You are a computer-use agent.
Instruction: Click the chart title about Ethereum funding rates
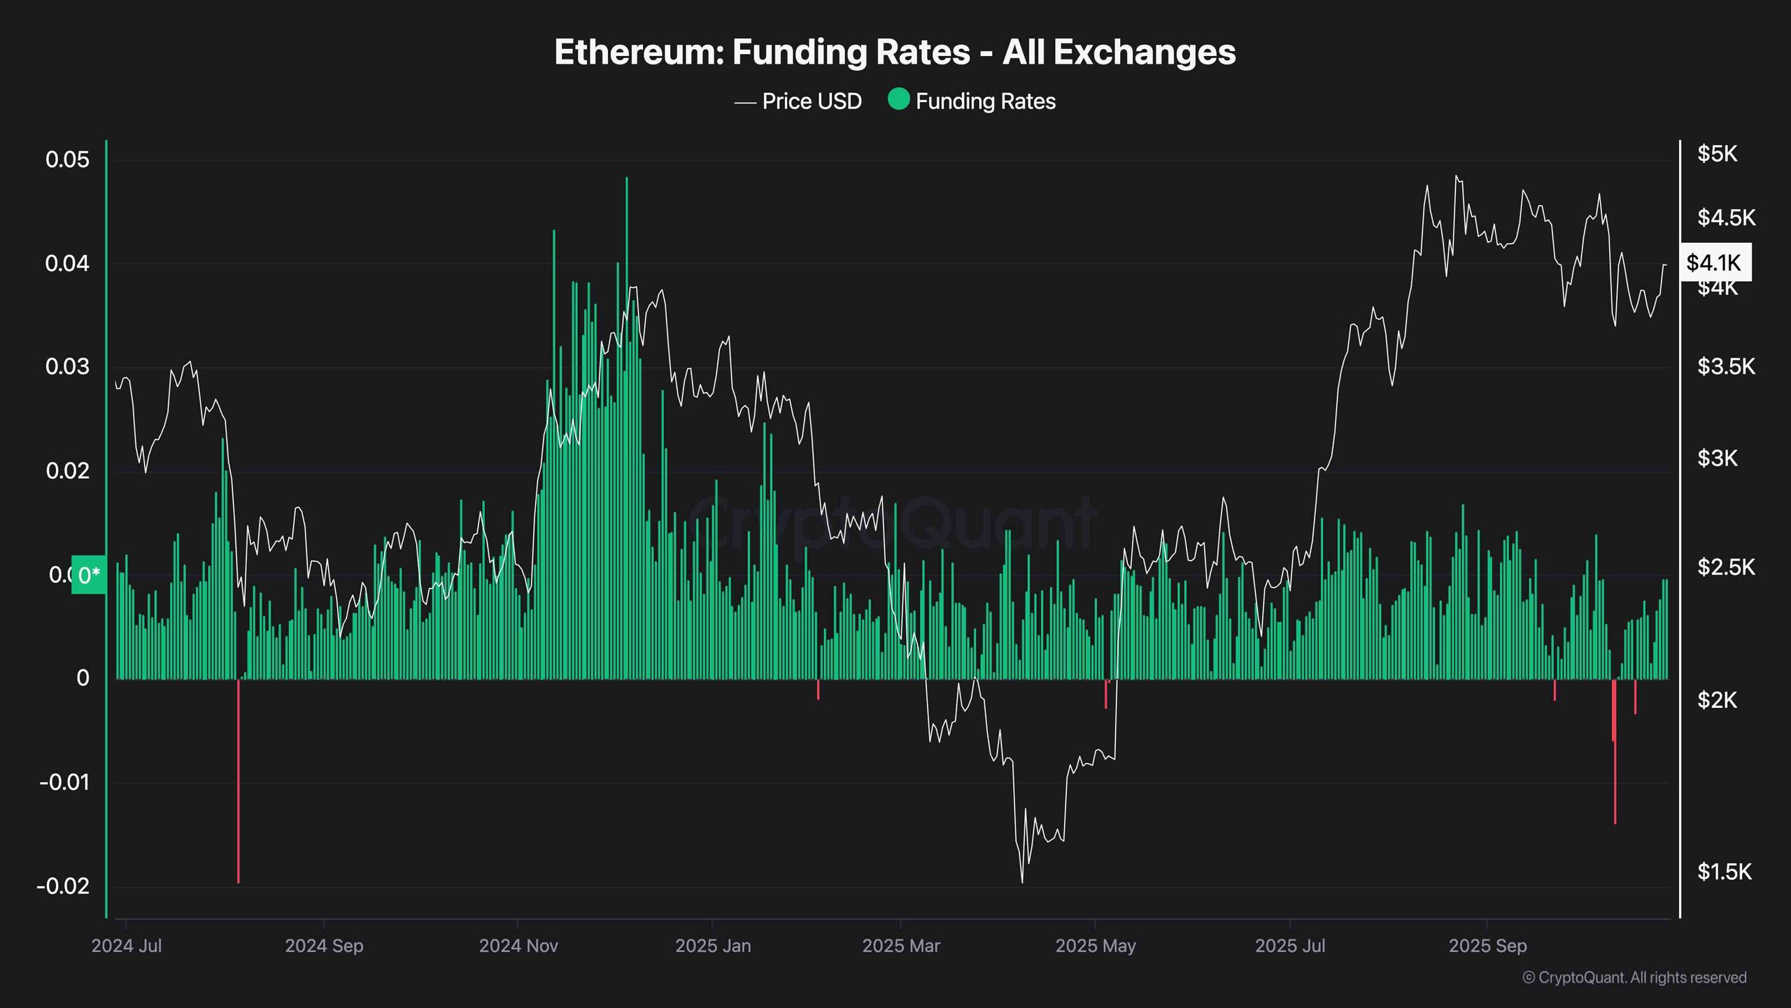click(x=895, y=52)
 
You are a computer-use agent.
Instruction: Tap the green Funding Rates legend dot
click(x=898, y=99)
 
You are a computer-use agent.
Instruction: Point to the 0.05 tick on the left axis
click(x=68, y=160)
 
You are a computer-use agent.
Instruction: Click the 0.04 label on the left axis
click(x=68, y=263)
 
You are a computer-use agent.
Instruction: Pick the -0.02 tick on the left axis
click(x=64, y=886)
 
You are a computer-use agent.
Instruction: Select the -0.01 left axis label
click(x=65, y=782)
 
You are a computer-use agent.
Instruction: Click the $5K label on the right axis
click(x=1717, y=154)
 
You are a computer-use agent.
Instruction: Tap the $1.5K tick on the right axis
click(x=1724, y=871)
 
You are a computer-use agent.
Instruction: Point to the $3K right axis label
click(x=1717, y=458)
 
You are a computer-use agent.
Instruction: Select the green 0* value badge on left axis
click(x=89, y=575)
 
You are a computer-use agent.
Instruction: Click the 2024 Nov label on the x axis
click(x=518, y=946)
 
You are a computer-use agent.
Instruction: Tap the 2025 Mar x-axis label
click(x=901, y=946)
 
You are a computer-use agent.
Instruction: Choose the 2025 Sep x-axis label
click(x=1487, y=946)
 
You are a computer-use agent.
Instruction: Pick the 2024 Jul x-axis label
click(x=127, y=946)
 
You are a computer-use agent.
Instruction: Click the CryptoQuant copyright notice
click(x=1634, y=977)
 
